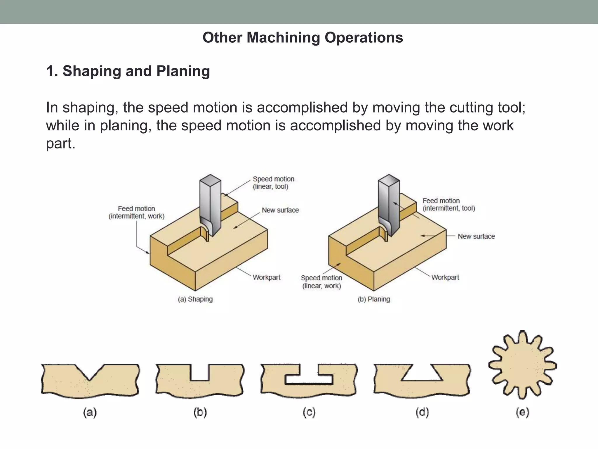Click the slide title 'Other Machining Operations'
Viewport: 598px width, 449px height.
pos(303,38)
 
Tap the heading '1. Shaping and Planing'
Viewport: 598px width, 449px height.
pos(128,71)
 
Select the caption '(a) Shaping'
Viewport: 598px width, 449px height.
pos(195,299)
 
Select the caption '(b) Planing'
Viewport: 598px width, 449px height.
pos(374,299)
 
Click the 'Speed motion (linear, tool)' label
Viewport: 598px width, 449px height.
pos(273,183)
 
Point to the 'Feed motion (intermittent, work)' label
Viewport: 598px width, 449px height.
pos(136,212)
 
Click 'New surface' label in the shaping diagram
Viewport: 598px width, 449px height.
pos(280,210)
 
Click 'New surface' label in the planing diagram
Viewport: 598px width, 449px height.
pos(476,236)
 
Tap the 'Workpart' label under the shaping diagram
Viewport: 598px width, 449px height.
pos(266,277)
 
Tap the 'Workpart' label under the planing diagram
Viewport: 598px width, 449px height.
pos(445,277)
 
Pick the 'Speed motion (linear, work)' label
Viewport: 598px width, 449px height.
pos(321,282)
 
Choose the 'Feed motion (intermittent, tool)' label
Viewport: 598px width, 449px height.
pos(448,204)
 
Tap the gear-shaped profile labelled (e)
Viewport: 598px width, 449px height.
pos(522,365)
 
